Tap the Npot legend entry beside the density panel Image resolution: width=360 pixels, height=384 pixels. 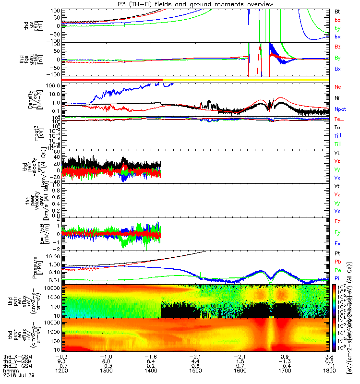click(x=340, y=109)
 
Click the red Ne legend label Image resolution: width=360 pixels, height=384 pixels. click(x=338, y=87)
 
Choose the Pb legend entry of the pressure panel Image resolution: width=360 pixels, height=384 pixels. click(x=338, y=262)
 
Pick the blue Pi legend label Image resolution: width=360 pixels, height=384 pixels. click(x=337, y=279)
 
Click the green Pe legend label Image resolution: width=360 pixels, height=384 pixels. click(x=338, y=270)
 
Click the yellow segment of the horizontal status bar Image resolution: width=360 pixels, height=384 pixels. click(x=245, y=79)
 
